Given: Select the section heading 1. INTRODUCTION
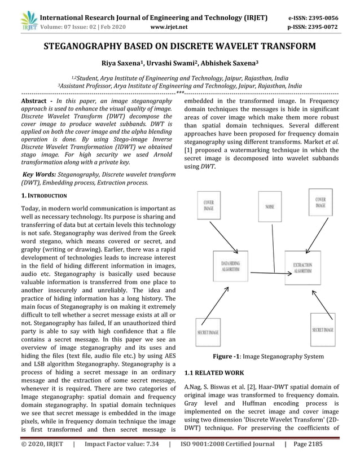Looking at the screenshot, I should click(x=43, y=196).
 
